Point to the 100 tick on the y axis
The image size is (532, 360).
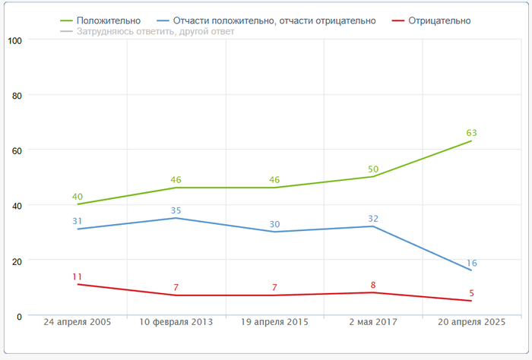point(14,40)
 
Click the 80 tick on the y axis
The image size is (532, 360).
point(17,95)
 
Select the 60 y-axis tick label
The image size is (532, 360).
point(17,150)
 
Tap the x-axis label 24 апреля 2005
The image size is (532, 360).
point(78,322)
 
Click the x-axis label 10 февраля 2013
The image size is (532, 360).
point(176,322)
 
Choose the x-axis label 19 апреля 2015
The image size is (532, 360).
point(274,322)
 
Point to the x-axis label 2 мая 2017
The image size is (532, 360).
point(373,322)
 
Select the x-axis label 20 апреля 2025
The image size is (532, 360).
point(471,322)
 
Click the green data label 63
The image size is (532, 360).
point(471,133)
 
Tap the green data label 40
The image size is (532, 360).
point(78,196)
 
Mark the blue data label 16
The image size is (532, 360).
point(471,263)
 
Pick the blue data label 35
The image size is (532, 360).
point(176,210)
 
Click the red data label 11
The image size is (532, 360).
point(78,276)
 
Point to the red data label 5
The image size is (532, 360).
point(471,293)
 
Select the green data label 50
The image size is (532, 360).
point(373,169)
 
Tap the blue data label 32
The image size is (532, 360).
point(373,219)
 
